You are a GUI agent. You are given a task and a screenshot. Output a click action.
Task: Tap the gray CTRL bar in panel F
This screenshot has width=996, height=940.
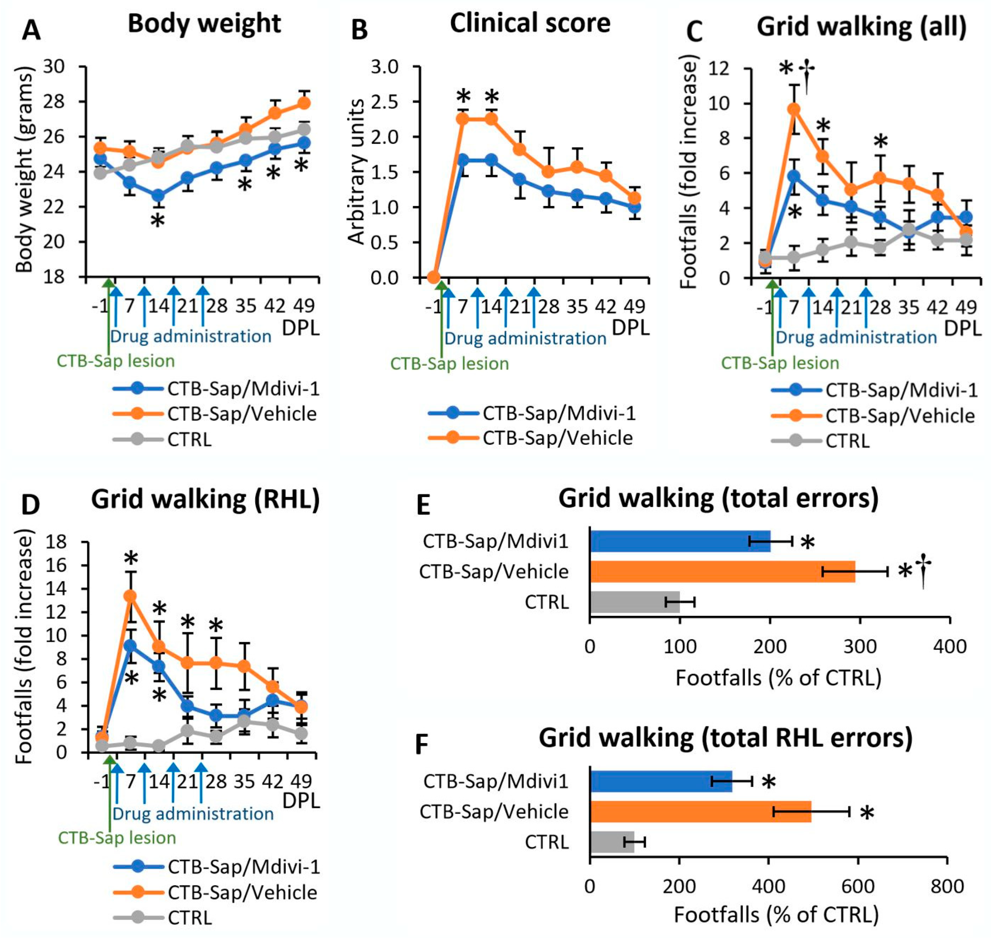click(612, 842)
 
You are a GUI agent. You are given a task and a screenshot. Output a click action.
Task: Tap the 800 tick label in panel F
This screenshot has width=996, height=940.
click(946, 886)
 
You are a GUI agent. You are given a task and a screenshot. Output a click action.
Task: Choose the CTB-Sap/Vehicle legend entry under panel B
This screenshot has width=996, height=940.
click(557, 438)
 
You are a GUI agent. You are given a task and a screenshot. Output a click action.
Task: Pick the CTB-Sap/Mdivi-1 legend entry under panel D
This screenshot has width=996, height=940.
click(243, 866)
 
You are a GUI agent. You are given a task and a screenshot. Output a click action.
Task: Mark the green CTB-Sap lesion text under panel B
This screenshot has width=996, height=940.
click(449, 363)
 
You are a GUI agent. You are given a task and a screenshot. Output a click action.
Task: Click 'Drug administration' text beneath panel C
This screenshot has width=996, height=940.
click(856, 337)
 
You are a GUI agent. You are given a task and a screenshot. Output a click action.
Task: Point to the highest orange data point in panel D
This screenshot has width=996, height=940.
click(130, 596)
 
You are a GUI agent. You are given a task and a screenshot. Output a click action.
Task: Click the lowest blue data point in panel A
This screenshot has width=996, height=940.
click(158, 195)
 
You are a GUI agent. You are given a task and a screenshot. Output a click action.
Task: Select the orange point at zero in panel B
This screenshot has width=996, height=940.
click(434, 277)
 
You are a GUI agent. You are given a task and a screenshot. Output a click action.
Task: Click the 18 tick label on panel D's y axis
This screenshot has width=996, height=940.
click(56, 542)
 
